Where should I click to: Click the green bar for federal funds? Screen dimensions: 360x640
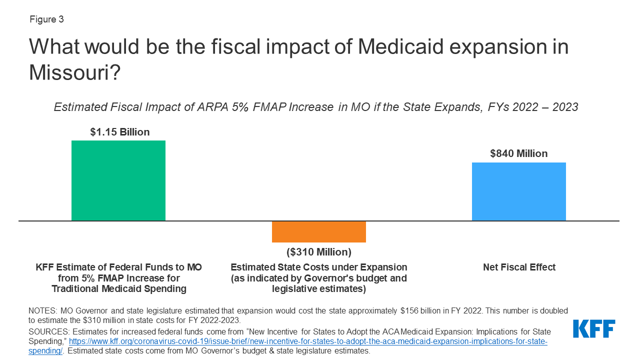118,180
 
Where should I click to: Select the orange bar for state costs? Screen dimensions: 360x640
318,232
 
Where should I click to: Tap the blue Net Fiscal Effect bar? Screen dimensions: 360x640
518,191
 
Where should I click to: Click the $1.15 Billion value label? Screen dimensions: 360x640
119,132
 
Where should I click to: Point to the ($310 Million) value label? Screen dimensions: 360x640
318,251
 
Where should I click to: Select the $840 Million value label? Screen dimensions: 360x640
518,153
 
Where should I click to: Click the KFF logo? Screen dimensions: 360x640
594,329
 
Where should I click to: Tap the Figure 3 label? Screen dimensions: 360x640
46,19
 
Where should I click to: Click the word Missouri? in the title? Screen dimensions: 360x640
74,72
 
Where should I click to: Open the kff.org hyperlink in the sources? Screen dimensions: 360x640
307,341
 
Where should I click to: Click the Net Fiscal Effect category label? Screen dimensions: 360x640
519,267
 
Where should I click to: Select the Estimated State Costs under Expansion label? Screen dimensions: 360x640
318,267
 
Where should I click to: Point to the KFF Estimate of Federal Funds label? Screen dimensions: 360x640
118,267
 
